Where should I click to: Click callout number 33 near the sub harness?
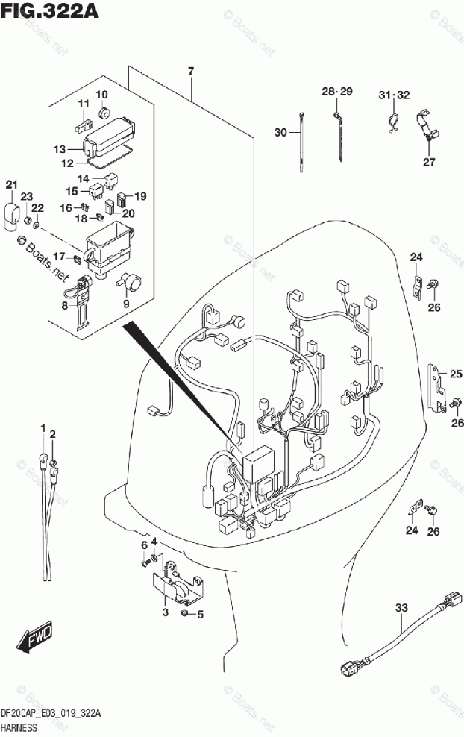(401, 608)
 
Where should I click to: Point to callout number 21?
(10, 185)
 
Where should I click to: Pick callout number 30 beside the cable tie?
(280, 133)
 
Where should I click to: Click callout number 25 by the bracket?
(456, 374)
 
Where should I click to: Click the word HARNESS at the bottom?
(25, 727)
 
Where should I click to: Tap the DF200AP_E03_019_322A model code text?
(51, 714)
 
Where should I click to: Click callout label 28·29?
(336, 91)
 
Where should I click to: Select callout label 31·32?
(394, 95)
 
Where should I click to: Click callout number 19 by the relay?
(140, 196)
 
